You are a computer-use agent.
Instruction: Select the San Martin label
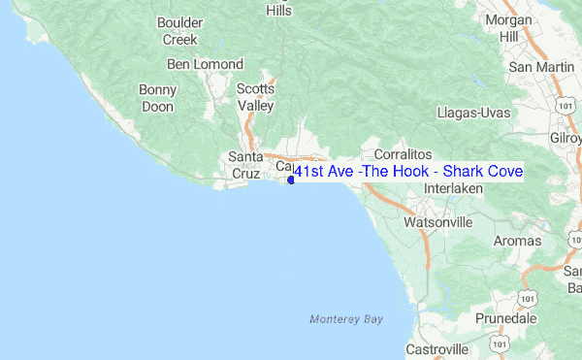534,67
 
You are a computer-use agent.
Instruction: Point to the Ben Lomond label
205,64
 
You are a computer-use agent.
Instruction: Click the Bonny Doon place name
157,98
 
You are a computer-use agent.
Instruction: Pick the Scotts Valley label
256,97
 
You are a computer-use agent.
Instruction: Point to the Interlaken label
454,187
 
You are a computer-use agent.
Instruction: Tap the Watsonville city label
437,222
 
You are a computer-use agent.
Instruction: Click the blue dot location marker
291,180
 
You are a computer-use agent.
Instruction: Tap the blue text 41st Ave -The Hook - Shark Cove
407,172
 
